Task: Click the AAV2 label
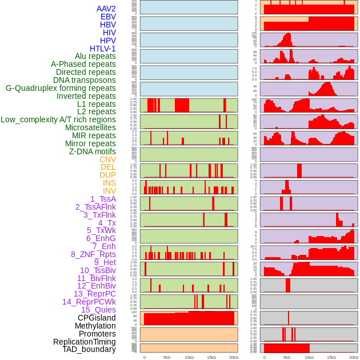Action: (106, 9)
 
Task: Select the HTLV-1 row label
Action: (102, 49)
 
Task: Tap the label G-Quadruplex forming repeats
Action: (61, 88)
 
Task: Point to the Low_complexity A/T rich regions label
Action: (58, 119)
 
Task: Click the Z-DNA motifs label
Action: (93, 151)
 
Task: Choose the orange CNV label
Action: (107, 159)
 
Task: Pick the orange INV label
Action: (109, 191)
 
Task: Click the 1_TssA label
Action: (103, 199)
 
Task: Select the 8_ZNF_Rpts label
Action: (93, 254)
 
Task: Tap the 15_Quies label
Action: (98, 310)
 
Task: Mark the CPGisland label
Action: (97, 318)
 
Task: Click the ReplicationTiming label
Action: (84, 342)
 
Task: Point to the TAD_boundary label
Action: (89, 349)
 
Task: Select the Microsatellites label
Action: (90, 127)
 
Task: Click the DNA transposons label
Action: (85, 80)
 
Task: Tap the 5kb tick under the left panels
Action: (167, 357)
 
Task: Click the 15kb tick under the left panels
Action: (211, 357)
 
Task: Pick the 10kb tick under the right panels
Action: (309, 357)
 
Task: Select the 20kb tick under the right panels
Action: (354, 357)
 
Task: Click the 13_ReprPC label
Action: (94, 294)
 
